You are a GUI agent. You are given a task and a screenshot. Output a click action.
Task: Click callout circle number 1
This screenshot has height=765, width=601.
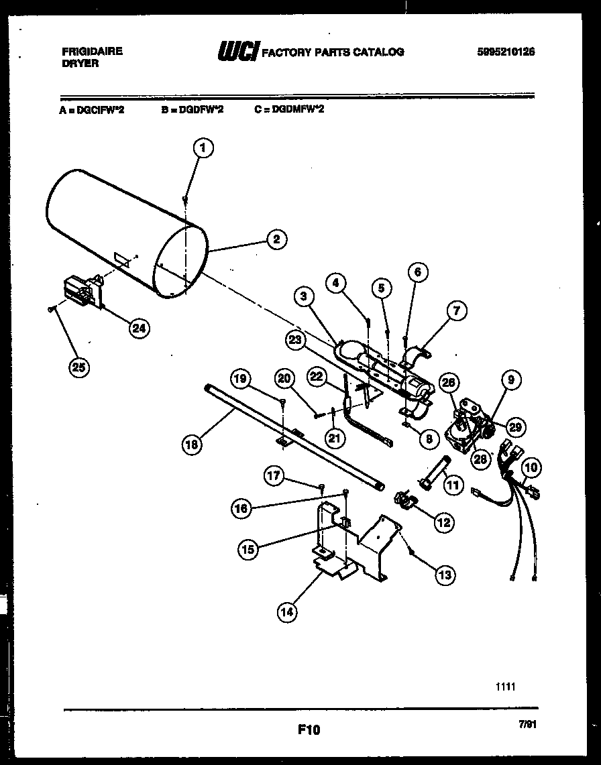(203, 148)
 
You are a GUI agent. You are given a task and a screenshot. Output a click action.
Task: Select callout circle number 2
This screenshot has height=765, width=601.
(275, 239)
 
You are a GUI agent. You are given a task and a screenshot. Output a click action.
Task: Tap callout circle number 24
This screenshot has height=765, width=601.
(139, 328)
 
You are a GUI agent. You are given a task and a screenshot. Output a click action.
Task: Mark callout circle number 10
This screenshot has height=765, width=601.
(531, 467)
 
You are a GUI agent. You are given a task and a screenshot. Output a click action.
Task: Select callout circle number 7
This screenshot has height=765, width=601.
(457, 311)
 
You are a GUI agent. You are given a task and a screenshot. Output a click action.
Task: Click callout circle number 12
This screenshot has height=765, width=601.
(443, 521)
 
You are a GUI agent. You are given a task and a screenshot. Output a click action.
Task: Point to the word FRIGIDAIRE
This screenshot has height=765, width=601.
(92, 51)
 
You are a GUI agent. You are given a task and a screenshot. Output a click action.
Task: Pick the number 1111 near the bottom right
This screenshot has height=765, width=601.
(505, 687)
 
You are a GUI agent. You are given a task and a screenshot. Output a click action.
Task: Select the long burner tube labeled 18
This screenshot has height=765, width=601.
(295, 439)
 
